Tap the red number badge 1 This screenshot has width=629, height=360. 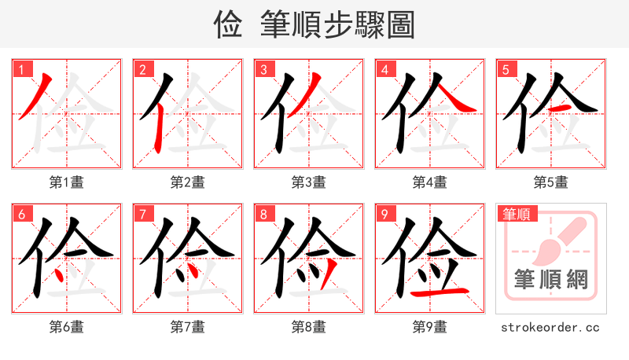point(20,70)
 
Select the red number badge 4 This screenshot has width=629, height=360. point(384,70)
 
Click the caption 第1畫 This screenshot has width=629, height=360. point(67,182)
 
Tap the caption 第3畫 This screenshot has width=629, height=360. point(309,182)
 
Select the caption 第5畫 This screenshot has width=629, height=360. point(551,182)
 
